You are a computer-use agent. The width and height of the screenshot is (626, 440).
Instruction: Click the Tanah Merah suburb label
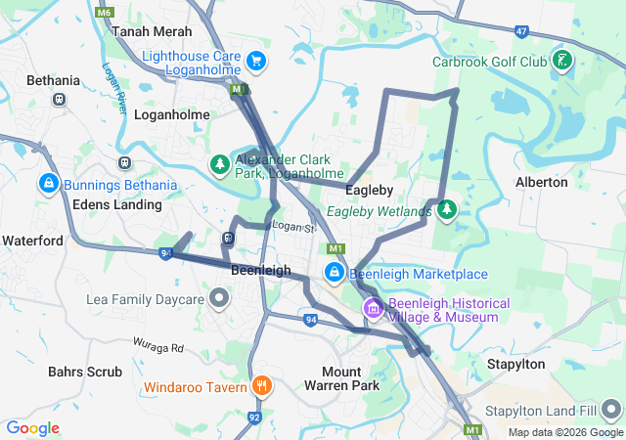coord(152,31)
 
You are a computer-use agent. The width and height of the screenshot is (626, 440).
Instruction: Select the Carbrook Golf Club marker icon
coord(563,62)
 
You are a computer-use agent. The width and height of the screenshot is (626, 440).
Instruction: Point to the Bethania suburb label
coord(52,79)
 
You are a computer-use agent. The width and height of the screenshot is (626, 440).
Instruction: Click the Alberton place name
coord(541,182)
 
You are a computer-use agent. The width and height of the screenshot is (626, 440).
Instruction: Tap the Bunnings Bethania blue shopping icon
coord(48,184)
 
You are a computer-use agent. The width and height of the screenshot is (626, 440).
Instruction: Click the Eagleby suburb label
coord(370,191)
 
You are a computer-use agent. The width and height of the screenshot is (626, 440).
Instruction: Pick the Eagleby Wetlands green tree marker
coord(447,209)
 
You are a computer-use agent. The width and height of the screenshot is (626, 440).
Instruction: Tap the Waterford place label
coord(32,241)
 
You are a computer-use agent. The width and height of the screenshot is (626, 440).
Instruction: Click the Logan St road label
coord(291,227)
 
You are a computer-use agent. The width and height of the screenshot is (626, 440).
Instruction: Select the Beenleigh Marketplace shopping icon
coord(335,274)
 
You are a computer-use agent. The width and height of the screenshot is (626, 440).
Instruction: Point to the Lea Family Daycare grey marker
coord(219,297)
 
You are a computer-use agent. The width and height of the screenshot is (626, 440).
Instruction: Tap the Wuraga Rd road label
coord(158,347)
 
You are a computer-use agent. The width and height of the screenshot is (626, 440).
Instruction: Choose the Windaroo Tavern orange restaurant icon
coord(260,386)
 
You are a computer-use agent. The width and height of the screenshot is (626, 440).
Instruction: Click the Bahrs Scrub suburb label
coord(85,372)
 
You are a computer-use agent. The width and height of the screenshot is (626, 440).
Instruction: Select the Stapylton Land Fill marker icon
coord(611,406)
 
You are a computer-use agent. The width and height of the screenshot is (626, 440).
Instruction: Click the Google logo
coord(32,428)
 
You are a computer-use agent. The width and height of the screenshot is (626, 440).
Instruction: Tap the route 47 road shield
coord(521,32)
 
